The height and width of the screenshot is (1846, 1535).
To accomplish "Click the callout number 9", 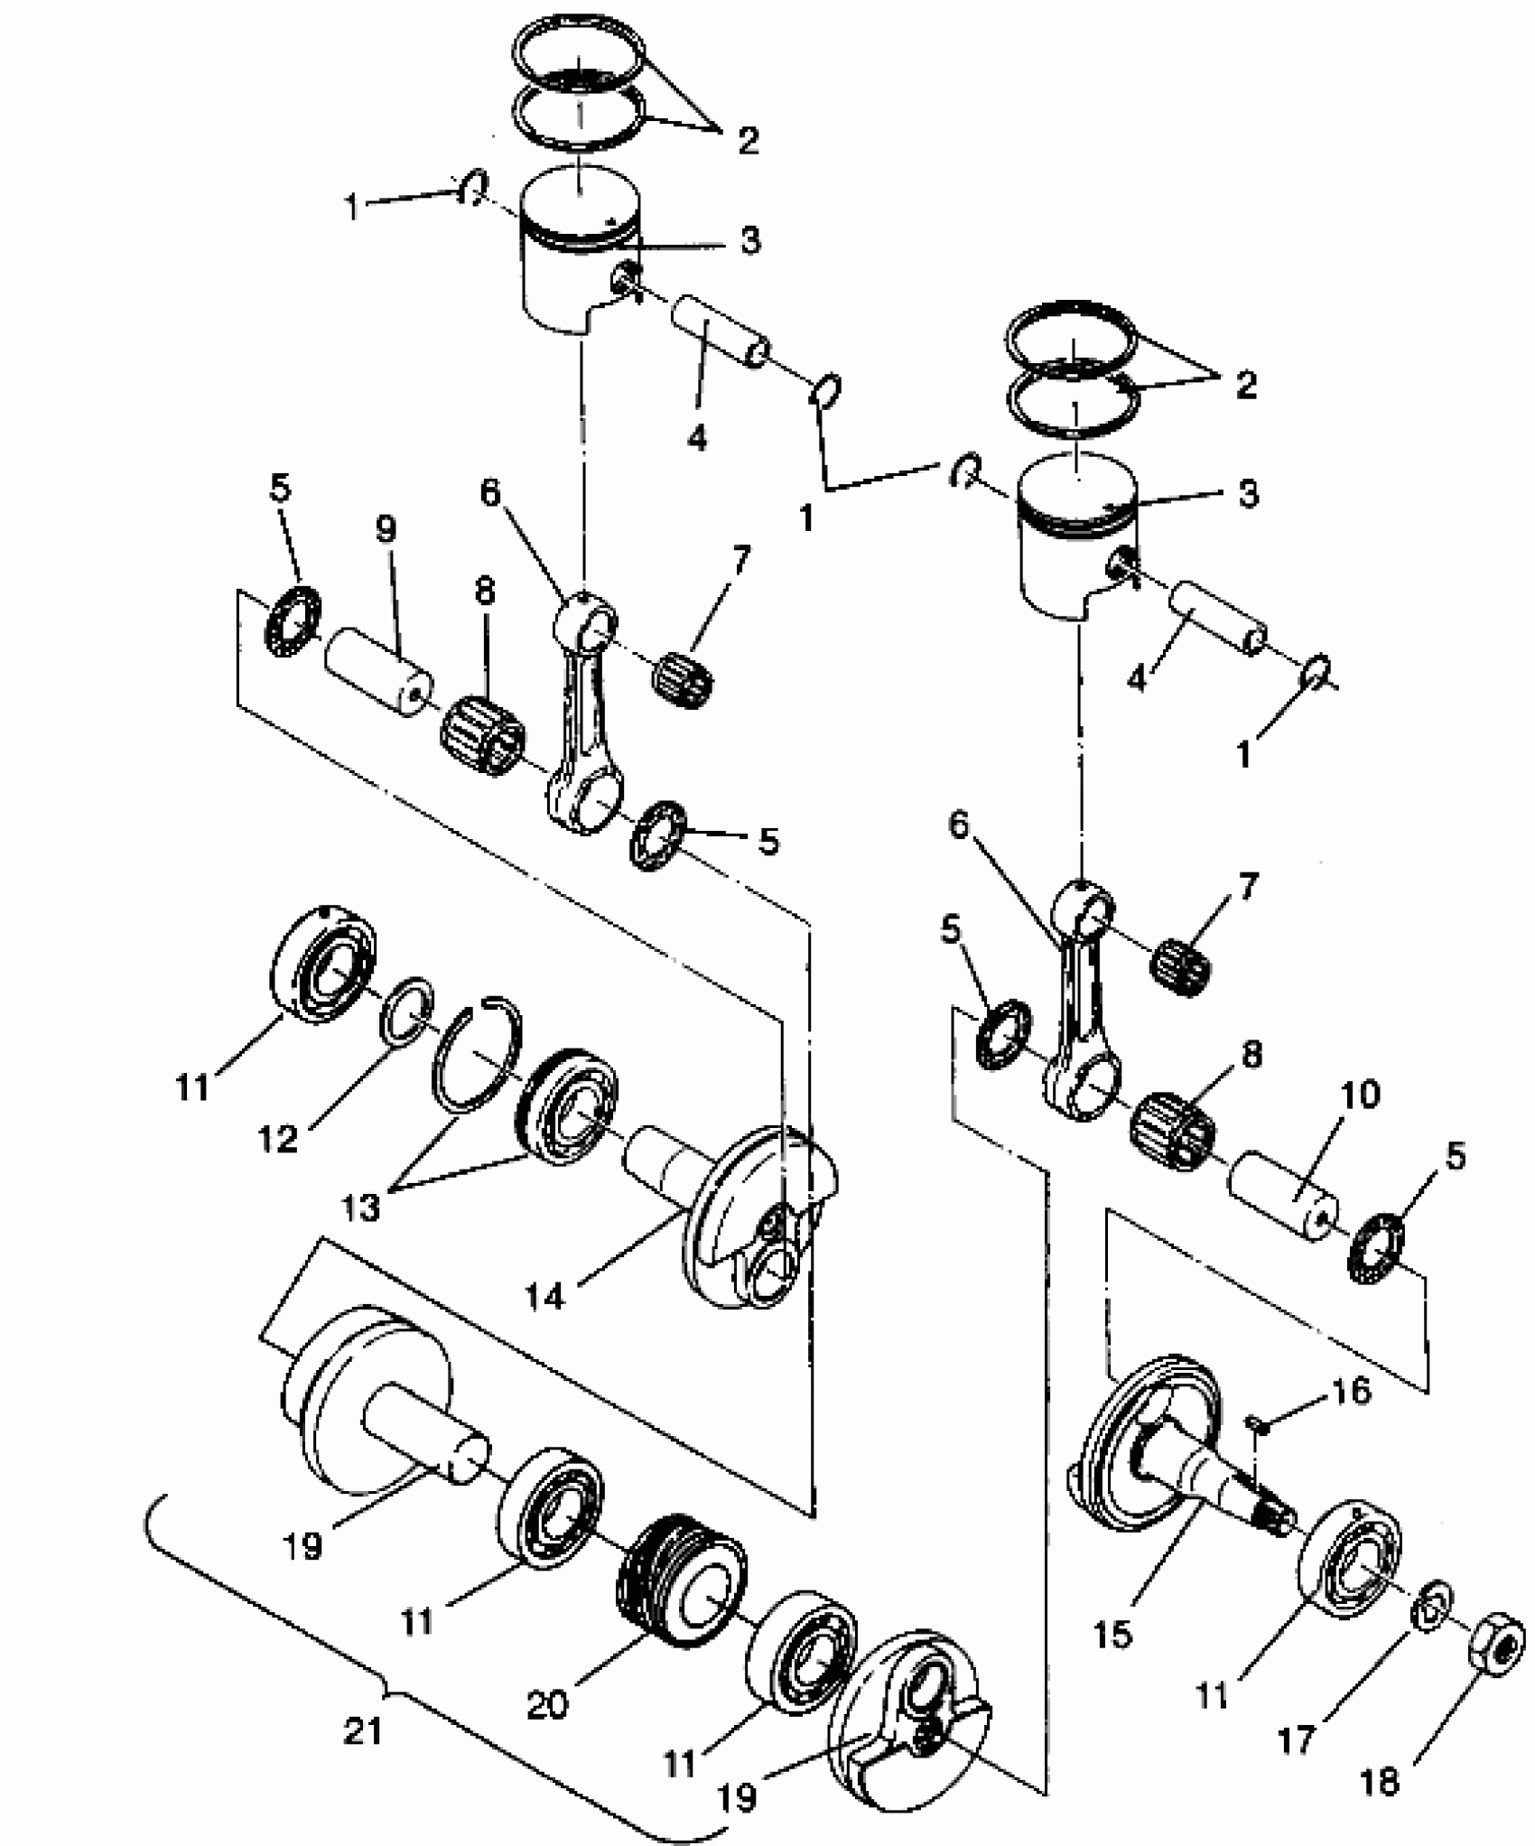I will tap(386, 529).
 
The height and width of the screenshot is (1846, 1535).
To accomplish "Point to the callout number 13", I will tap(360, 1207).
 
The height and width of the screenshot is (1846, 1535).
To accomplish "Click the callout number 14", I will tap(544, 1296).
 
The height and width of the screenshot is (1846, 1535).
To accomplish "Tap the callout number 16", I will tap(1351, 1392).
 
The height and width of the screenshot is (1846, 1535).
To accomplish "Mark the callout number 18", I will tap(1378, 1781).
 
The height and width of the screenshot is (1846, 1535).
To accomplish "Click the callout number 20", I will tap(547, 1703).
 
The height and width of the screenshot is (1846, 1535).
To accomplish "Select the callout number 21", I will tap(363, 1730).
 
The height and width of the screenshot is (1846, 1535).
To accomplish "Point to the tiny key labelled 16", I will tap(1254, 1424).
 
